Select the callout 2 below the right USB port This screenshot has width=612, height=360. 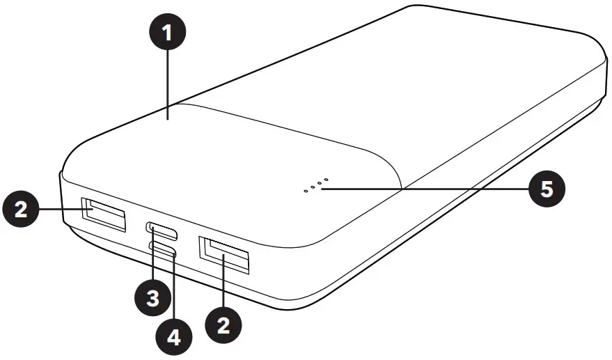click(x=224, y=324)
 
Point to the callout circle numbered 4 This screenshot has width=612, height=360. click(x=174, y=338)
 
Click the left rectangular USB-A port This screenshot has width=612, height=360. click(x=104, y=214)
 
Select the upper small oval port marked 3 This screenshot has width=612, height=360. click(x=162, y=228)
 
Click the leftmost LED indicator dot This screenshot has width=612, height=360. click(x=305, y=189)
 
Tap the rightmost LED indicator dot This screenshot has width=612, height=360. click(x=326, y=180)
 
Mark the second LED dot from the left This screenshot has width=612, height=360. click(x=312, y=186)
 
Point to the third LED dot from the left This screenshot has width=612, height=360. click(x=319, y=183)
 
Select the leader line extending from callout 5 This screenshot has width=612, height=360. click(x=432, y=188)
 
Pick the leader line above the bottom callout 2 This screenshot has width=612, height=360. click(x=223, y=285)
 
